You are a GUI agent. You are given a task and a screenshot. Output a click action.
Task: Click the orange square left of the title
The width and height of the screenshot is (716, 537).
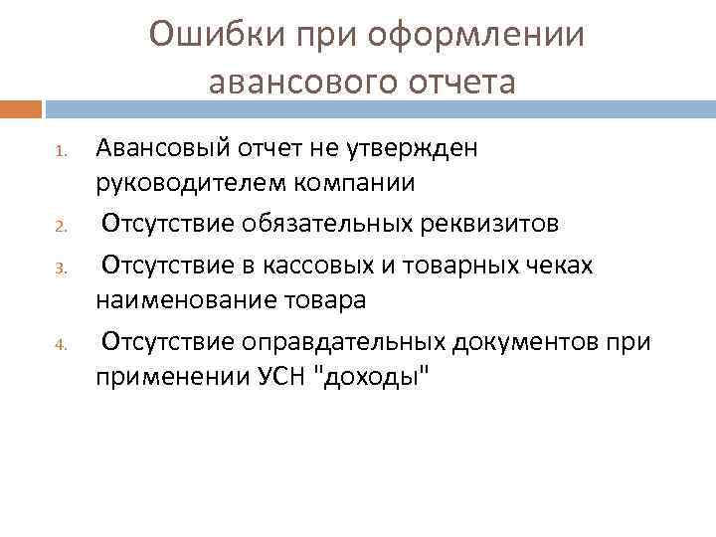(20, 107)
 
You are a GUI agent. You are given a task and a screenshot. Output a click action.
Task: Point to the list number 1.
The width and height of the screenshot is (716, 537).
(60, 152)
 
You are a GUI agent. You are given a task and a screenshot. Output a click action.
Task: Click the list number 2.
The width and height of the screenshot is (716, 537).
(60, 227)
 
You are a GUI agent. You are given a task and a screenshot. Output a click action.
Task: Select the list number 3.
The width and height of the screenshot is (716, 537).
(60, 267)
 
